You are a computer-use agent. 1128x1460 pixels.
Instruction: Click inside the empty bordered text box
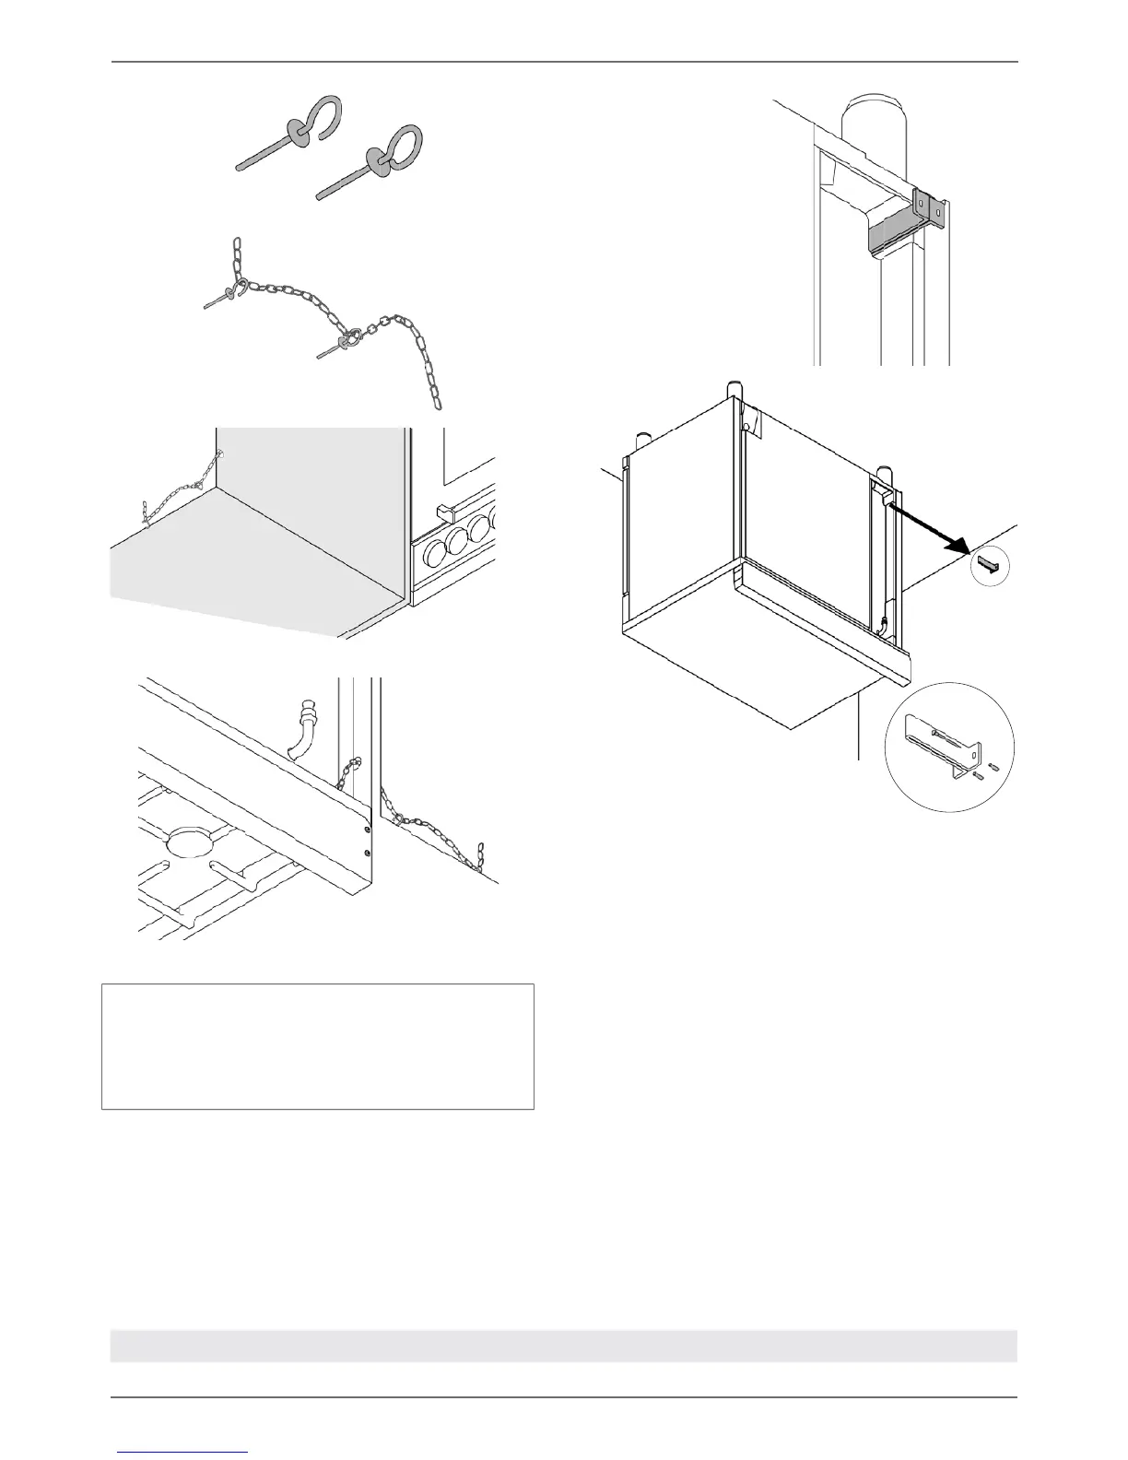[x=317, y=1046]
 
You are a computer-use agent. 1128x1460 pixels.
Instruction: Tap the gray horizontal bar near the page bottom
[x=563, y=1345]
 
